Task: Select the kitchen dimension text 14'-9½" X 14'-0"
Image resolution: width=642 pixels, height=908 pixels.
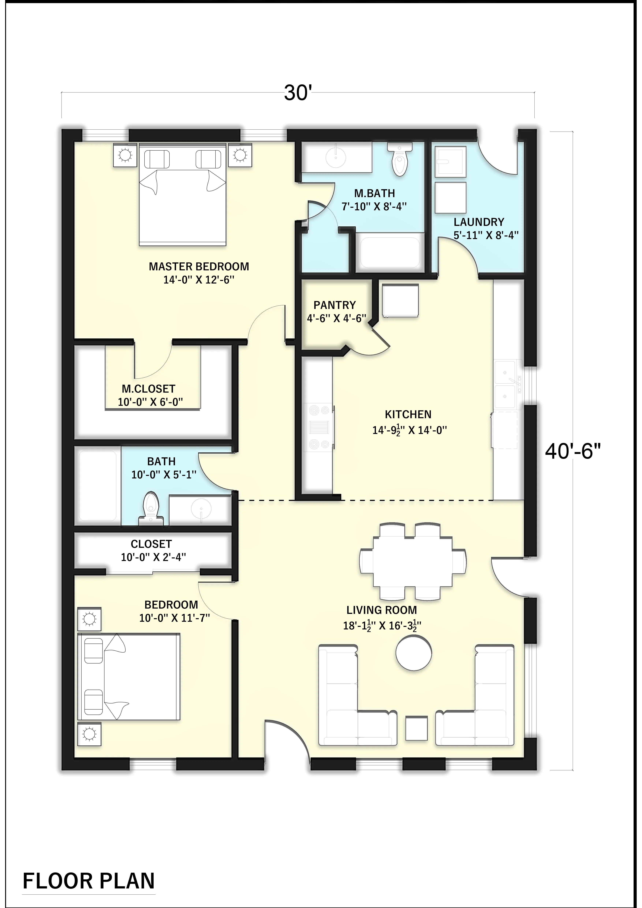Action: [410, 430]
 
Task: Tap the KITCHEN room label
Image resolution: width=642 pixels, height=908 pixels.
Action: [408, 414]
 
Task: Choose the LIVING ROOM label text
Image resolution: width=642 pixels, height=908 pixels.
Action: [381, 610]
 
